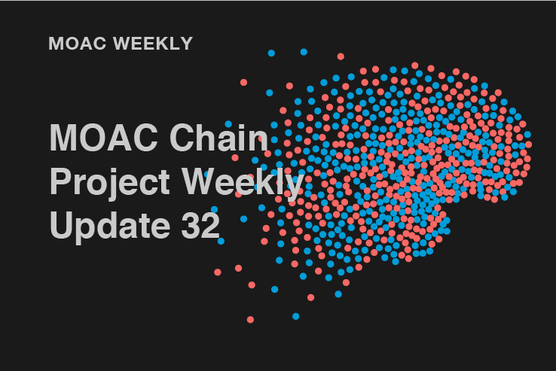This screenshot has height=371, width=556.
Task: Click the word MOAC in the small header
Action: (78, 44)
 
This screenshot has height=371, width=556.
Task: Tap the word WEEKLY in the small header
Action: (153, 44)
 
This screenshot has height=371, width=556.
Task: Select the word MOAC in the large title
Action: (103, 138)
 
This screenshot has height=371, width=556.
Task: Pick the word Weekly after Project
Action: (243, 182)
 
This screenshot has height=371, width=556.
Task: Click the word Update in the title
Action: (110, 226)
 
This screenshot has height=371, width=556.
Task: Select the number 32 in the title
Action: (200, 225)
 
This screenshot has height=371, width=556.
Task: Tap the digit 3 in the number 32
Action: (191, 225)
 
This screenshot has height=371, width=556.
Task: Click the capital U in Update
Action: (61, 225)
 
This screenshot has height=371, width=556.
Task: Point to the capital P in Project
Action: (61, 181)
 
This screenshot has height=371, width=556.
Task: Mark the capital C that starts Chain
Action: (183, 138)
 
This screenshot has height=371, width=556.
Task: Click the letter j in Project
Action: (114, 184)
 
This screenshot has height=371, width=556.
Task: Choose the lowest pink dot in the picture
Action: (250, 320)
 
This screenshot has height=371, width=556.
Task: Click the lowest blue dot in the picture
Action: (296, 316)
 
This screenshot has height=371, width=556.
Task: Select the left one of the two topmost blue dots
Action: (271, 53)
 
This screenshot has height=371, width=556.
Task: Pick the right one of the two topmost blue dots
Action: (304, 52)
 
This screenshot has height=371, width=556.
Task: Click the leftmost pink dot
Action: (218, 272)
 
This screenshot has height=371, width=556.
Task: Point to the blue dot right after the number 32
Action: (221, 242)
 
